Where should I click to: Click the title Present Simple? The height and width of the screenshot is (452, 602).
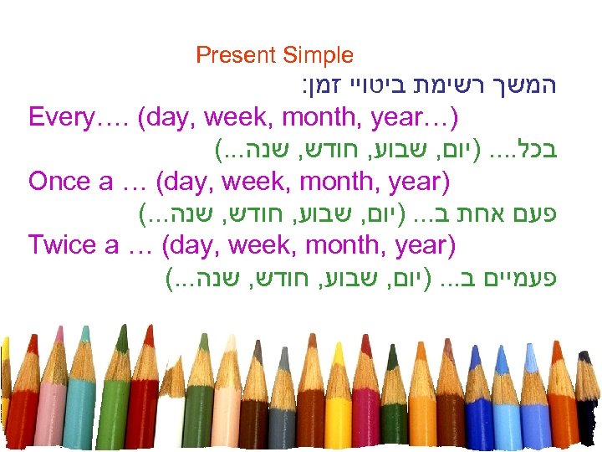(274, 56)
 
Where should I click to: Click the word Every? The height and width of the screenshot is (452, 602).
(59, 116)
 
